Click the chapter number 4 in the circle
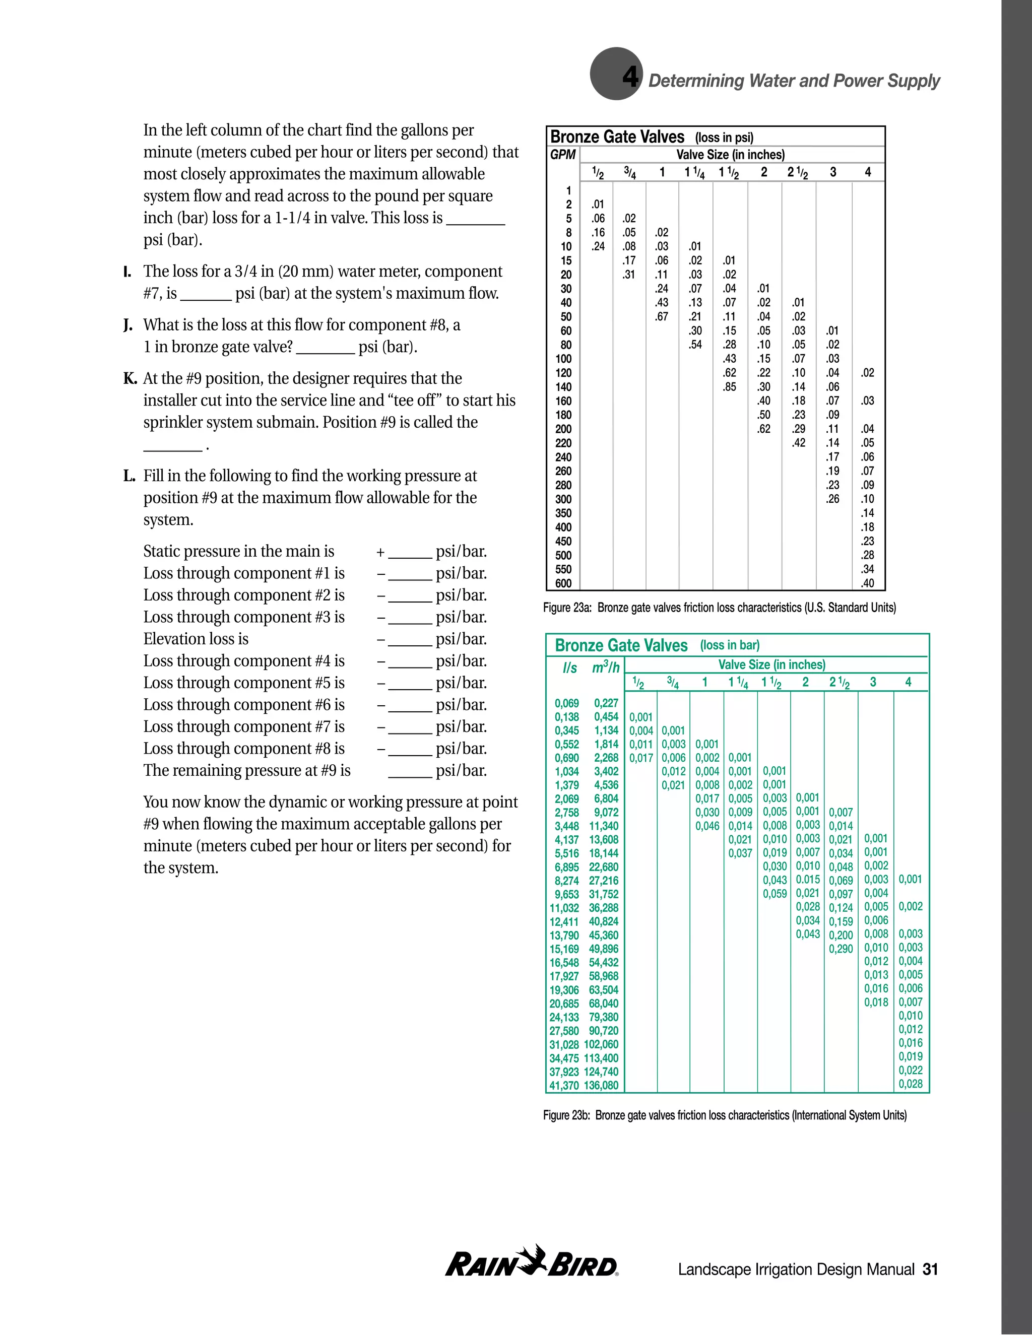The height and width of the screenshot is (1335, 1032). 630,77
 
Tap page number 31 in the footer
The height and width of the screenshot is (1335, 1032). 930,1270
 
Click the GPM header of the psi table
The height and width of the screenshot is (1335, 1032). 562,155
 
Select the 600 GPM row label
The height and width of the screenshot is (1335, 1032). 563,583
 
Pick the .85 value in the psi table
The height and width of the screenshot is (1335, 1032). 729,387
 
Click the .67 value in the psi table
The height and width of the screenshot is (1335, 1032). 662,317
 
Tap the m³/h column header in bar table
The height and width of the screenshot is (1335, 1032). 605,667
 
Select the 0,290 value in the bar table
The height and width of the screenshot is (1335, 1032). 841,949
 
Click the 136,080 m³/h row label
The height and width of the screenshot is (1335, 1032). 601,1086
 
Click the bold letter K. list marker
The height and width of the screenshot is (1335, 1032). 130,378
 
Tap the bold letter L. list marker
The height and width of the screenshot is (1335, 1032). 129,476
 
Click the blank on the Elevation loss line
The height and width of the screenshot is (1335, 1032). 410,640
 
